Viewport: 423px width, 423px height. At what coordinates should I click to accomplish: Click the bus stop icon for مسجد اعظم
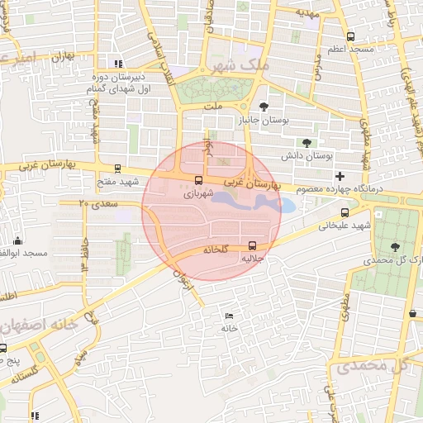click(351, 36)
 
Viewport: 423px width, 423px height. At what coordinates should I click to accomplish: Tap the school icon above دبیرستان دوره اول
click(118, 63)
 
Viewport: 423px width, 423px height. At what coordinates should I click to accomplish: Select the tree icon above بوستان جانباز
click(264, 106)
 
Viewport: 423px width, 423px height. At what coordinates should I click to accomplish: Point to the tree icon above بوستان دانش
click(307, 142)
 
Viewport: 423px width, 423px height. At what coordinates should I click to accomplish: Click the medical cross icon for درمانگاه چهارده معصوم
click(340, 177)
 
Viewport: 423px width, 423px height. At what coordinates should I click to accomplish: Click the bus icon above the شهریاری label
click(197, 180)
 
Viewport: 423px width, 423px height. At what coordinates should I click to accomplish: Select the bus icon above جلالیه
click(252, 245)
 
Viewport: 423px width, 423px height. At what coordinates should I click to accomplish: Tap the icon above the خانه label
click(229, 316)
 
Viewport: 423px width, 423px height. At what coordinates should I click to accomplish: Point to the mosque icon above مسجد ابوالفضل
click(17, 240)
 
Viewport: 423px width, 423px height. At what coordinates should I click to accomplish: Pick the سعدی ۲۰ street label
click(98, 202)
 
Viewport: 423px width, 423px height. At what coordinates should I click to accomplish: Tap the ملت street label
click(214, 105)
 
